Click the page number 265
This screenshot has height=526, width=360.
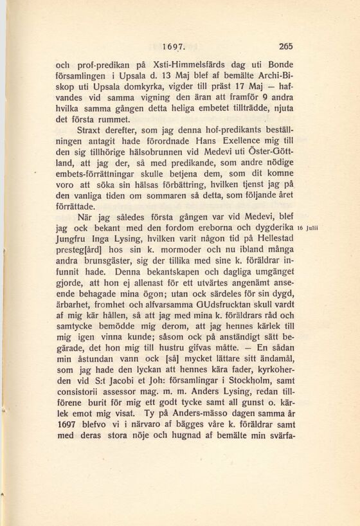tap(286, 46)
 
